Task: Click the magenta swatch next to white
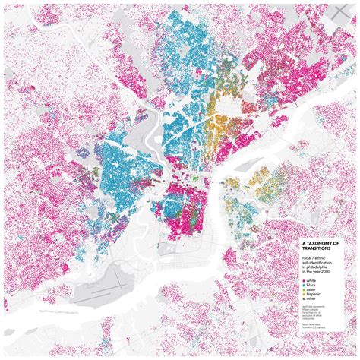coord(304,281)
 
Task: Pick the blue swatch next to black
coord(304,286)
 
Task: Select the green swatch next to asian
coord(304,290)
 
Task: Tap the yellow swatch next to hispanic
coord(304,295)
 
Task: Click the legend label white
coord(311,281)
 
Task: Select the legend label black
coord(311,286)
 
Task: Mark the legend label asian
coord(311,290)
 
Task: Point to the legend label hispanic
coord(313,295)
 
